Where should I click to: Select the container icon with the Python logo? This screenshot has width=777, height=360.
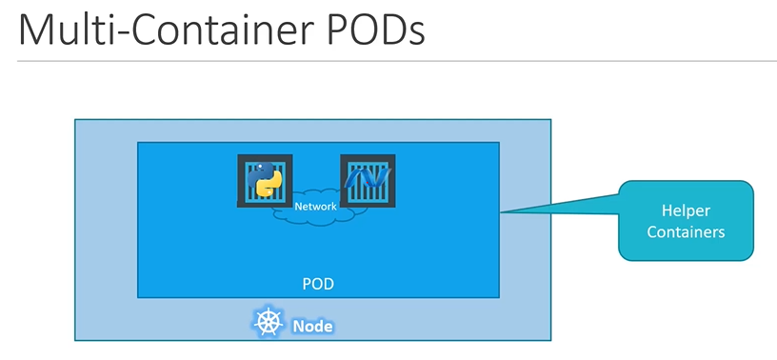coord(264,181)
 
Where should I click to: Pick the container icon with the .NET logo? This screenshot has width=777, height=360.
coord(368,181)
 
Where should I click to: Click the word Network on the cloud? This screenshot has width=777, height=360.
coord(316,207)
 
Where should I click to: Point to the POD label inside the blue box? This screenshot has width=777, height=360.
coord(317,285)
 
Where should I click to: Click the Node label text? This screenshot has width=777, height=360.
coord(312,326)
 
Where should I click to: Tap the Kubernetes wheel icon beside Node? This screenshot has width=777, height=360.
coord(269,324)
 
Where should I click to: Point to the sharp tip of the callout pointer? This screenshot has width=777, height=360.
coord(502,212)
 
